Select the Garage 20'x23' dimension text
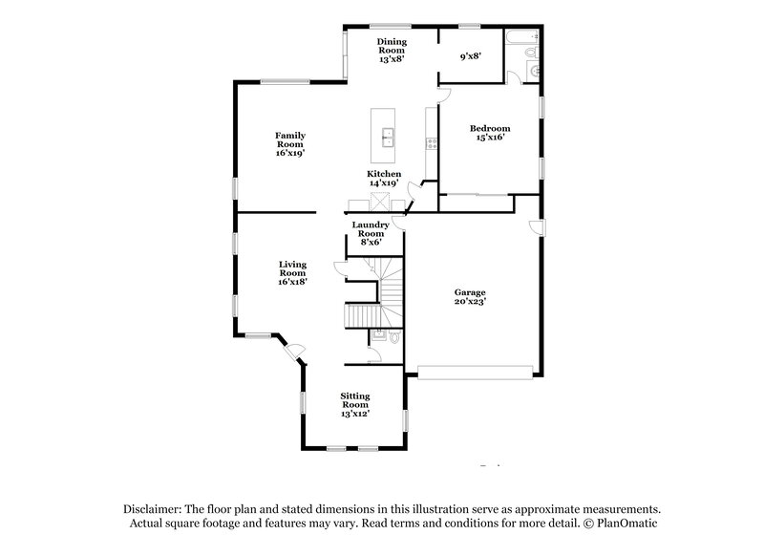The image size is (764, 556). tap(470, 301)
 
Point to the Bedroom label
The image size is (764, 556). tap(489, 128)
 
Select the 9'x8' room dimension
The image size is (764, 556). tap(470, 56)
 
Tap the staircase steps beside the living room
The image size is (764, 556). tap(361, 314)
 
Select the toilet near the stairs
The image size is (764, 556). tap(394, 336)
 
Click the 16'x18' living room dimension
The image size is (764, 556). tap(292, 282)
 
